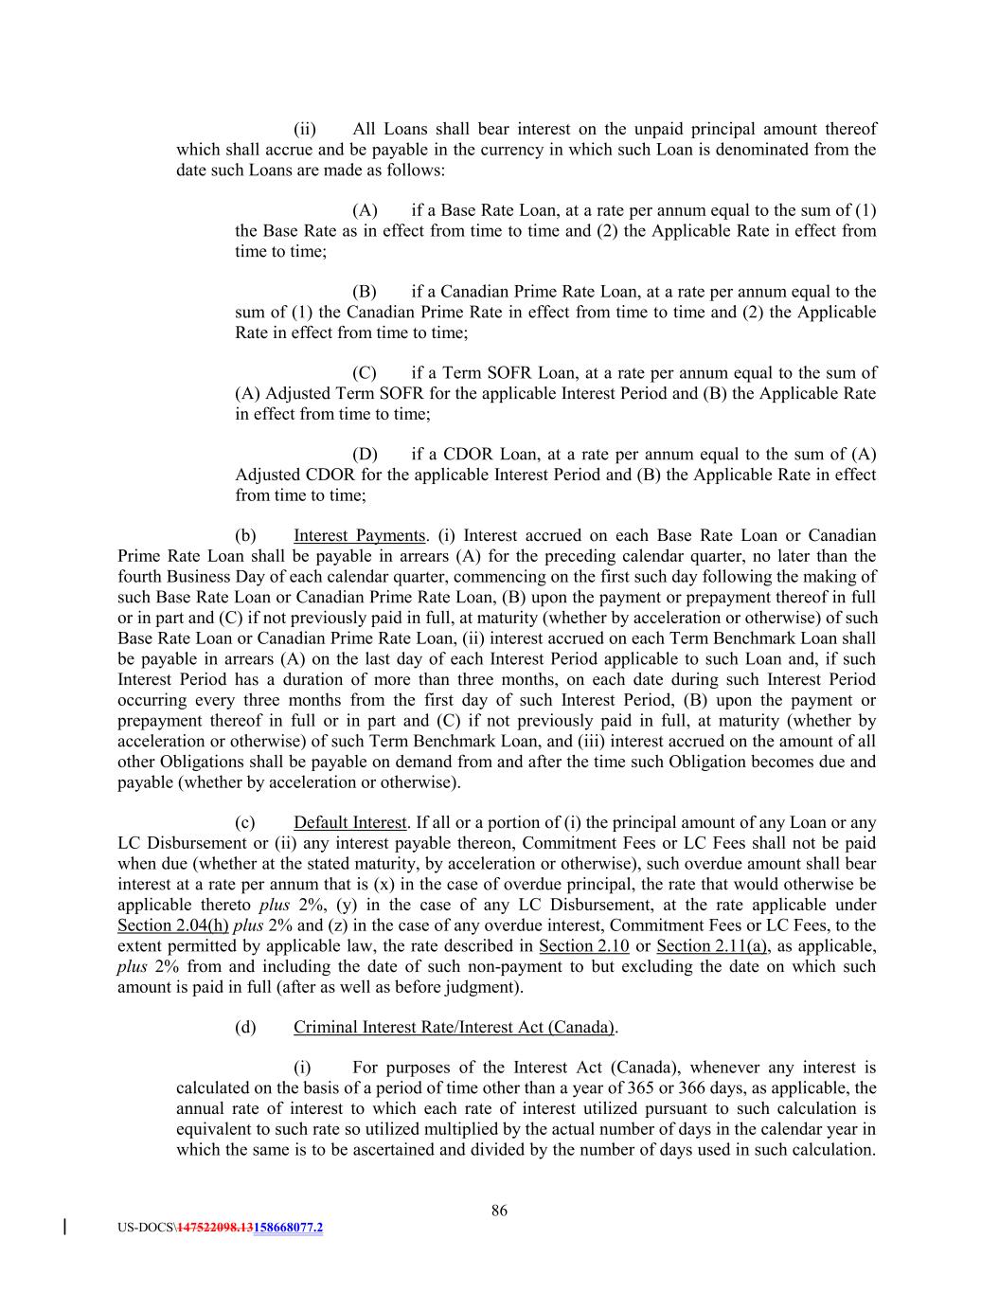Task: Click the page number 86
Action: [499, 1210]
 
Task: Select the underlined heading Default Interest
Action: [349, 822]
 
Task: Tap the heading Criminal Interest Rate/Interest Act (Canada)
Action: [455, 1027]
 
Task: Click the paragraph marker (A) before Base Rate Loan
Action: [365, 210]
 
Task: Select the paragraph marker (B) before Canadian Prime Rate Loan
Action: [365, 292]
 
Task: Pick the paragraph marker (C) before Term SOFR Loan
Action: [365, 373]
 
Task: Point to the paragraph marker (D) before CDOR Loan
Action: [365, 455]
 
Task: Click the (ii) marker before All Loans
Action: [305, 129]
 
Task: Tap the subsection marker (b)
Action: [245, 536]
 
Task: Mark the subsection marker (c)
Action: [245, 822]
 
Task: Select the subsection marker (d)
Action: [245, 1027]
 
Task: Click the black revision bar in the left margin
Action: [63, 1228]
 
